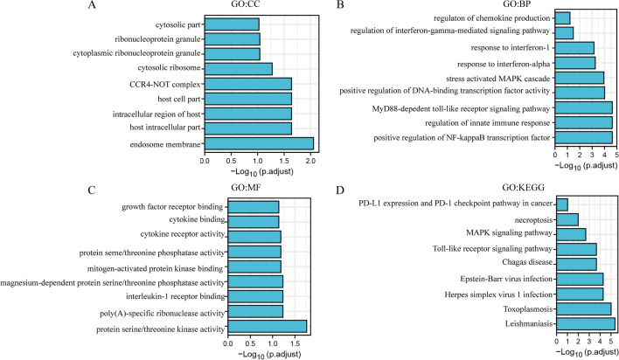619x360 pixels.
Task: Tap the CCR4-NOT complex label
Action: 163,83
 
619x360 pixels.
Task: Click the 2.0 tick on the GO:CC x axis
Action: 310,161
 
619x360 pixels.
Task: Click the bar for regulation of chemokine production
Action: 562,17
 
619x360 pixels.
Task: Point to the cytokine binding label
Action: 190,221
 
